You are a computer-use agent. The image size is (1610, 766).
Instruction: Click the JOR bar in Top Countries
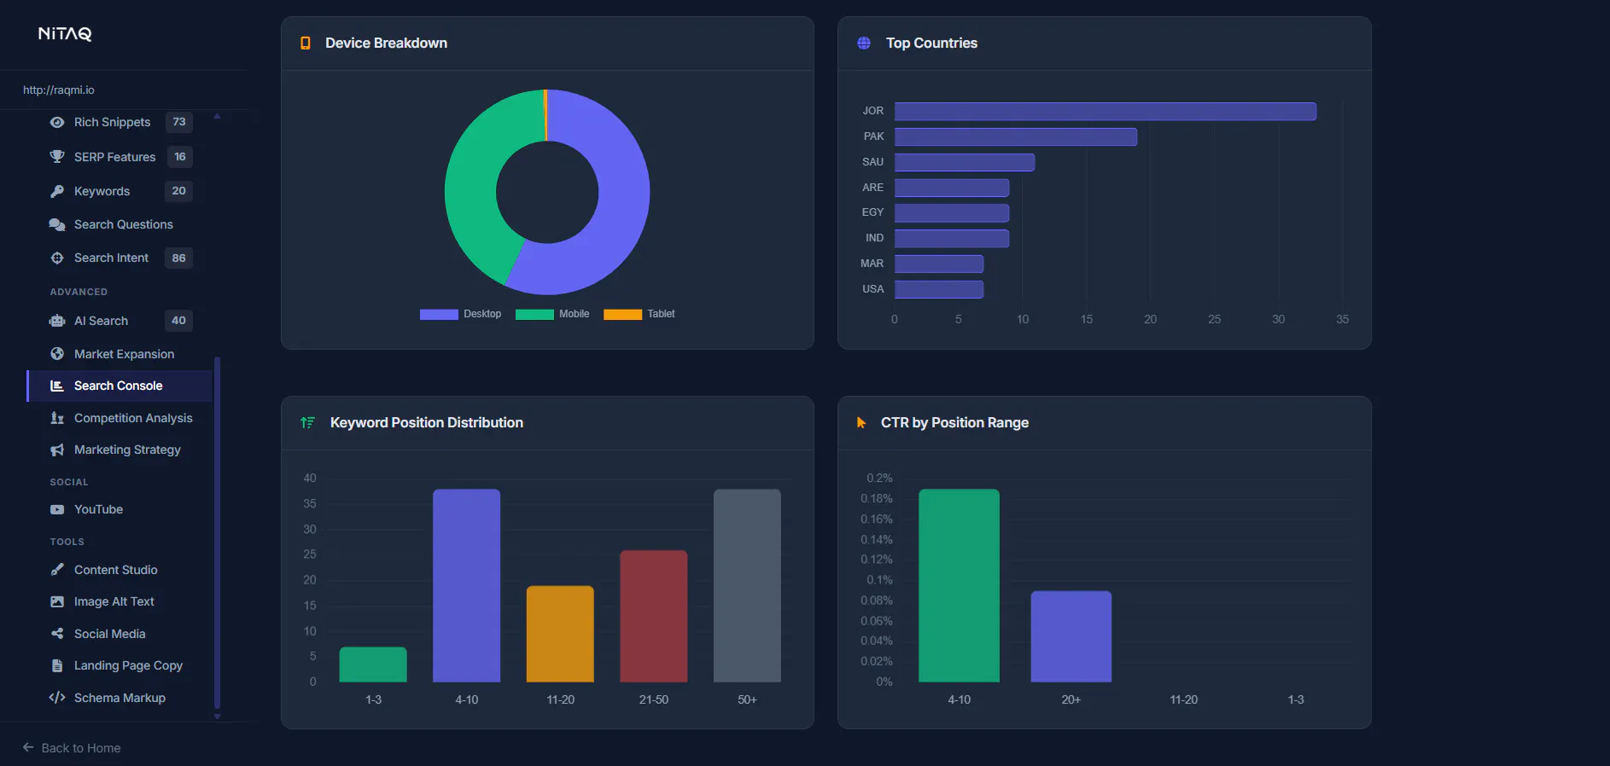point(1105,111)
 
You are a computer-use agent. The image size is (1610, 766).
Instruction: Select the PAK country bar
point(1016,136)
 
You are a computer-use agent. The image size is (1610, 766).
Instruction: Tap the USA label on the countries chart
point(872,289)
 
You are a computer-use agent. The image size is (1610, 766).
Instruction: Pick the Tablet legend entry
point(639,314)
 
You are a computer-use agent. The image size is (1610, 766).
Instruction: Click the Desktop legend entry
point(460,314)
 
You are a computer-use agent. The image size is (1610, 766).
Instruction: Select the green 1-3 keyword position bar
point(373,664)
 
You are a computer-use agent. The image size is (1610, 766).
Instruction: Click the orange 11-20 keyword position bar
point(560,634)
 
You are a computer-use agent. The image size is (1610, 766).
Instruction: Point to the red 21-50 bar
point(654,616)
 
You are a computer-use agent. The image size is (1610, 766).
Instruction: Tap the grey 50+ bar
point(747,585)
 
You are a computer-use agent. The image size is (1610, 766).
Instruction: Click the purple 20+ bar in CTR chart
point(1071,636)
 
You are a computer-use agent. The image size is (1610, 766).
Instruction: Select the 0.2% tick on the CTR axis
point(879,478)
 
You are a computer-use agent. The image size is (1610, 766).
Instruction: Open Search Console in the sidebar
point(118,386)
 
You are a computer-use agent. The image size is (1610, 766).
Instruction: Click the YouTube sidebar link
point(98,509)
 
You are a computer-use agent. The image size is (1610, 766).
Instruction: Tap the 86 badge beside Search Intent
point(178,258)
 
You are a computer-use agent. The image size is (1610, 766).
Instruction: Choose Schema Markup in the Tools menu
point(120,698)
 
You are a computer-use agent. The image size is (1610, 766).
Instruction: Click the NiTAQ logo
point(65,34)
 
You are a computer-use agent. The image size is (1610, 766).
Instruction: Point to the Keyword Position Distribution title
point(427,422)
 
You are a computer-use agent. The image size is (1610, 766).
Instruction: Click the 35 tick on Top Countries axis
point(1342,319)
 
